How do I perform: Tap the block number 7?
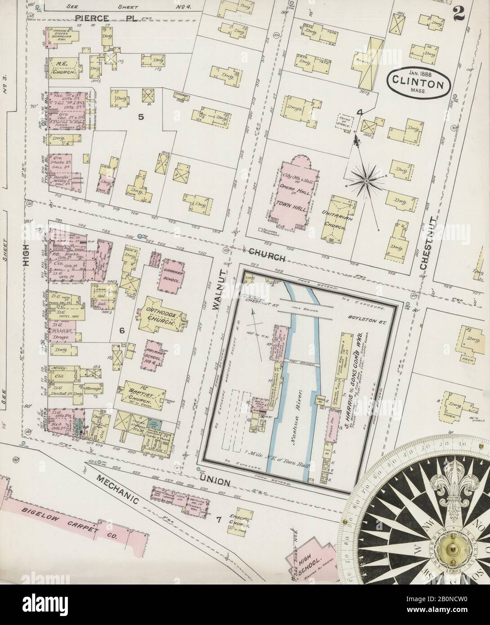tap(219, 520)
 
